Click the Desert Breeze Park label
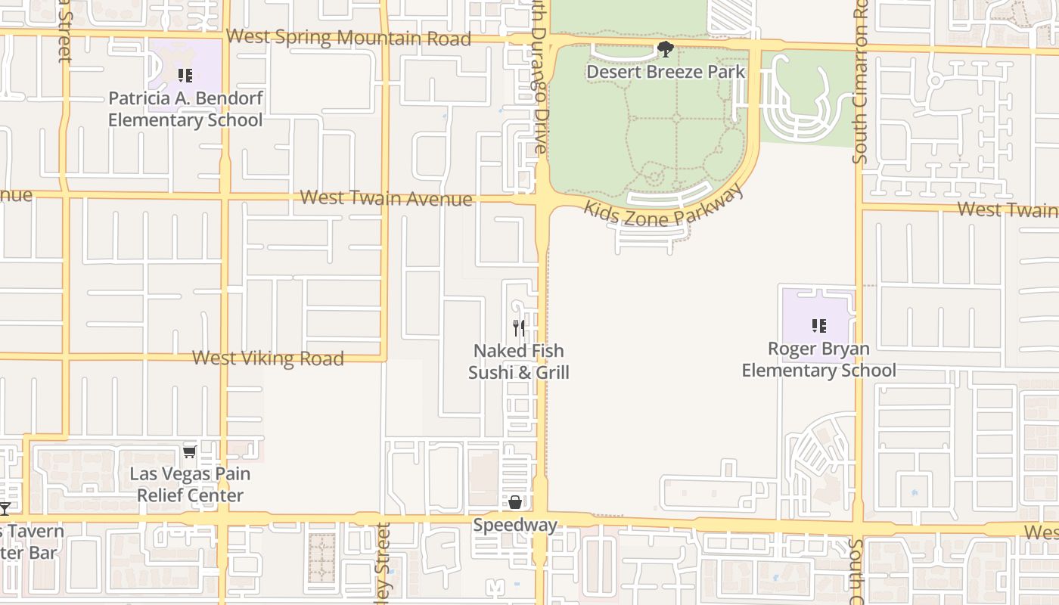pyautogui.click(x=666, y=72)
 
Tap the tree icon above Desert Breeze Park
pyautogui.click(x=666, y=50)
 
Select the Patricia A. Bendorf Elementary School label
pyautogui.click(x=185, y=109)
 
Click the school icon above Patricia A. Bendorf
pyautogui.click(x=185, y=76)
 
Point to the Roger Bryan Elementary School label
pyautogui.click(x=818, y=359)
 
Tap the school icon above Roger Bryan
pyautogui.click(x=818, y=326)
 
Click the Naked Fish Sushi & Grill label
pyautogui.click(x=519, y=361)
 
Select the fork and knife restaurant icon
pyautogui.click(x=519, y=327)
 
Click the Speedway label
pyautogui.click(x=515, y=525)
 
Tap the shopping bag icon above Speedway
pyautogui.click(x=515, y=502)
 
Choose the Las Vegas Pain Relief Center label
pyautogui.click(x=190, y=485)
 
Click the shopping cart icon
pyautogui.click(x=190, y=451)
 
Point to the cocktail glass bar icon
pyautogui.click(x=5, y=508)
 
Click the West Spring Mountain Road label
pyautogui.click(x=349, y=37)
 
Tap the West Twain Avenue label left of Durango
pyautogui.click(x=387, y=198)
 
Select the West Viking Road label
pyautogui.click(x=268, y=358)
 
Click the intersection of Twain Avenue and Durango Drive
pyautogui.click(x=543, y=200)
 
